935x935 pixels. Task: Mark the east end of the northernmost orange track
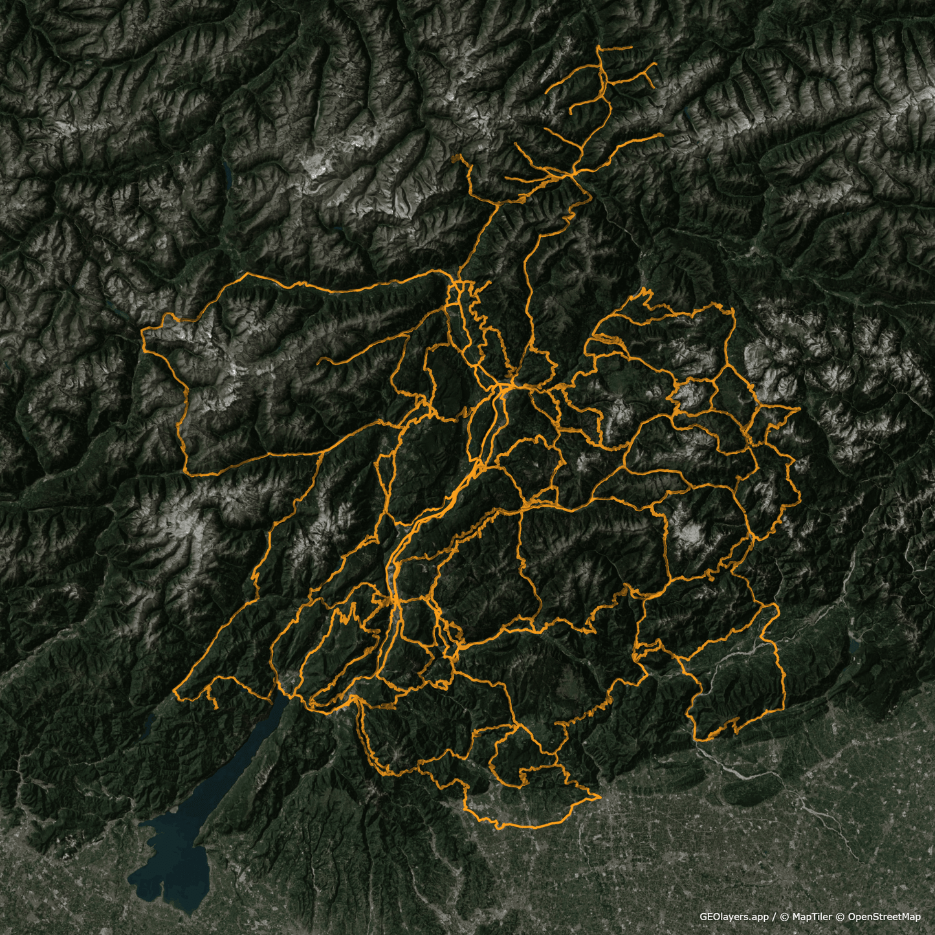632,47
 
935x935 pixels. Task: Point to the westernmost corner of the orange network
142,331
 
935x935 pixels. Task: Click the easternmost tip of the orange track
800,408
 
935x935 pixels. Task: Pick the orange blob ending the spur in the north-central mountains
458,158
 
